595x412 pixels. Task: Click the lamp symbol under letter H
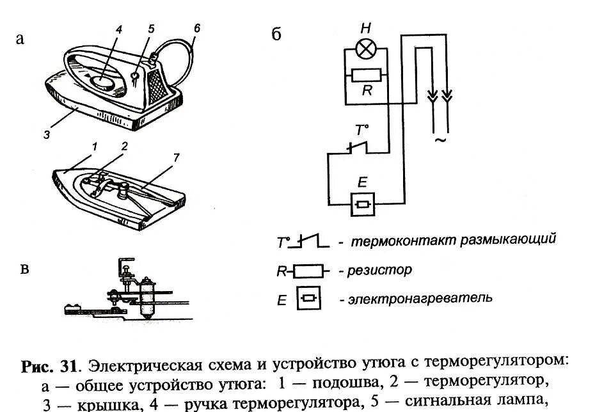366,47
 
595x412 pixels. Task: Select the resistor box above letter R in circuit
367,75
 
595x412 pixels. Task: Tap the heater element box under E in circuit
362,204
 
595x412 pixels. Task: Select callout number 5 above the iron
152,29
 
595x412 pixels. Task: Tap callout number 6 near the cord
196,28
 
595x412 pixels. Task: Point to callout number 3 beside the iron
47,134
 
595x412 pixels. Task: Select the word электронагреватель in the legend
420,298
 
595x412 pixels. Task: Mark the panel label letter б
276,35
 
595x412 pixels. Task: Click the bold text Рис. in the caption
40,367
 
